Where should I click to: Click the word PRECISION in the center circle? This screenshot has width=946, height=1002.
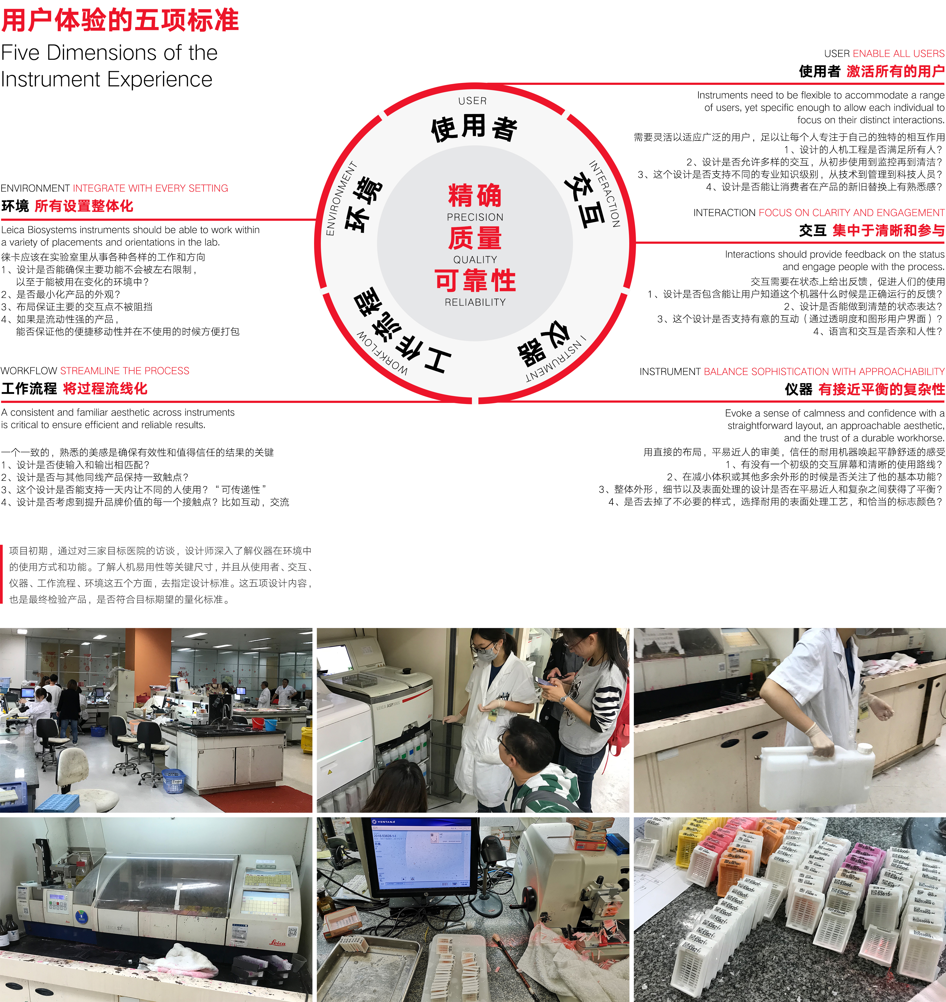tap(475, 217)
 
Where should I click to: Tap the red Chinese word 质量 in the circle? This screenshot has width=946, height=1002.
tap(475, 238)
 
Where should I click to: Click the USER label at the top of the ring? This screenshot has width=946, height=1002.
tap(472, 101)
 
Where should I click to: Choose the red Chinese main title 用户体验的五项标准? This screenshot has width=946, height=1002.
tap(120, 21)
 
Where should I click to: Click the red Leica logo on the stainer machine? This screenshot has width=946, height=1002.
tap(277, 943)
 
